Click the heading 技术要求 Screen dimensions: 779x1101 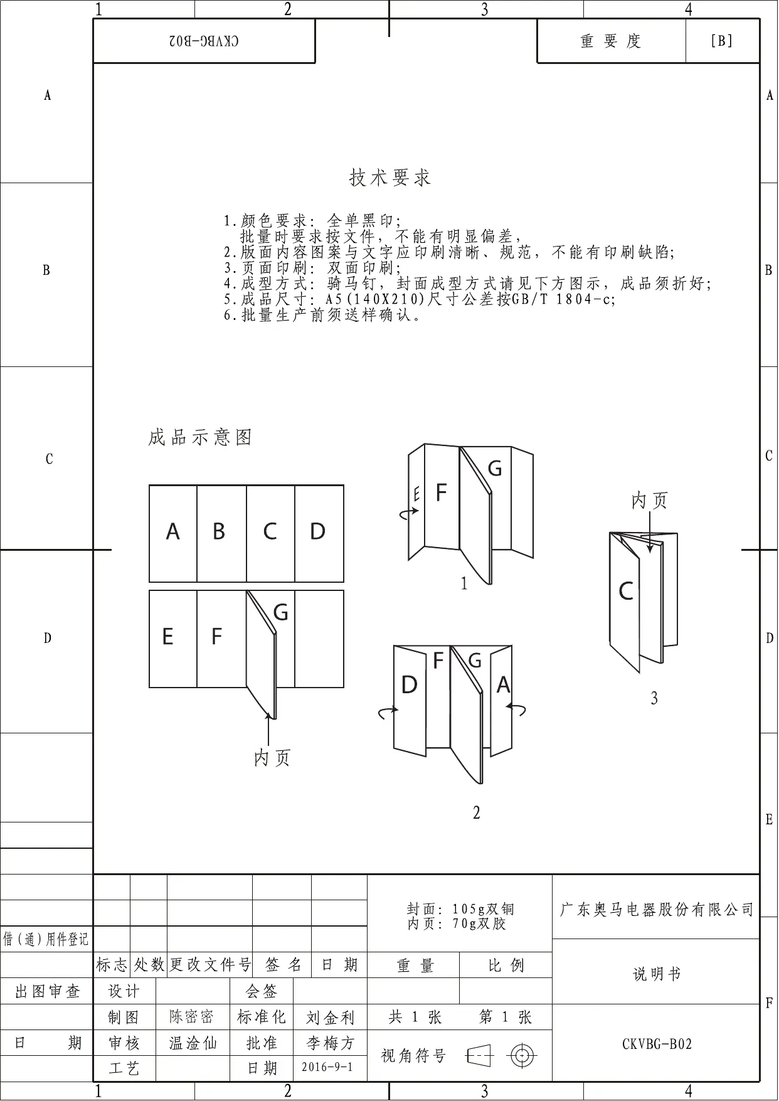(x=389, y=178)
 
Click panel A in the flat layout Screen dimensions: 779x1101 (x=172, y=533)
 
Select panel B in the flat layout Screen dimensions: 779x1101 (x=219, y=533)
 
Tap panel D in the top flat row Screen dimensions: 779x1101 (x=318, y=533)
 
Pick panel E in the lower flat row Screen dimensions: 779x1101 (x=167, y=637)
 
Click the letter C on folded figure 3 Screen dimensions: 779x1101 (x=625, y=592)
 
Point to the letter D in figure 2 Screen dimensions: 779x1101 (x=409, y=686)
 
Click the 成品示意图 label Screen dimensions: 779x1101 (x=200, y=437)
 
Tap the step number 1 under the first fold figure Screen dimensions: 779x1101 (x=464, y=584)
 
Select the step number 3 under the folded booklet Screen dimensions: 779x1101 (x=654, y=698)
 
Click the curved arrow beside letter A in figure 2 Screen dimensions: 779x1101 (x=517, y=710)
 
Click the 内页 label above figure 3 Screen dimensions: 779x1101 (x=650, y=501)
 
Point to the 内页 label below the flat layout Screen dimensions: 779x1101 (x=272, y=758)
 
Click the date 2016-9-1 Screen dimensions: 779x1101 (x=327, y=1067)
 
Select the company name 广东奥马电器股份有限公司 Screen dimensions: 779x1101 (x=656, y=910)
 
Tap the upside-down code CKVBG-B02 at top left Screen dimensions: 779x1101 (x=204, y=41)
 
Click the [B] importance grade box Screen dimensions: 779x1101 (x=722, y=41)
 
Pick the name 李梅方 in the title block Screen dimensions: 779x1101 (x=330, y=1043)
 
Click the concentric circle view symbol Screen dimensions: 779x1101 (x=522, y=1056)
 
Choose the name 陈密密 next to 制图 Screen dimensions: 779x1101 (x=192, y=1017)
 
